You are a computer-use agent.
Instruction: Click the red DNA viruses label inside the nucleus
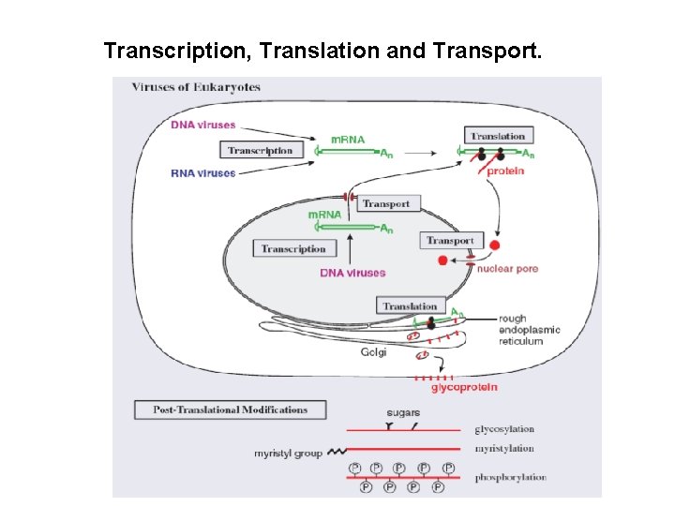pos(352,273)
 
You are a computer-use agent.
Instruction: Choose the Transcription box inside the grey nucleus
pos(293,248)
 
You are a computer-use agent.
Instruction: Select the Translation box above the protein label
pos(498,136)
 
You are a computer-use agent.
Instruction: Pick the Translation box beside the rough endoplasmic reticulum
pos(410,305)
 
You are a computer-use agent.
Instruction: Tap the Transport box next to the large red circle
pos(451,241)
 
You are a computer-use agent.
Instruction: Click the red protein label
pos(505,171)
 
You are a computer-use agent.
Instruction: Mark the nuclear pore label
pos(507,269)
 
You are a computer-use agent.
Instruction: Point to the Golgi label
pos(373,352)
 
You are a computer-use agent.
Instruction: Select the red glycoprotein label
pos(464,387)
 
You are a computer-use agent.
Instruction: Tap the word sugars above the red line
pos(403,412)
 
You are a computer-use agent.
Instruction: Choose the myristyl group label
pos(288,454)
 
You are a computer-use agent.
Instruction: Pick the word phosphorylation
pos(510,477)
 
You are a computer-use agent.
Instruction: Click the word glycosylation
pos(504,429)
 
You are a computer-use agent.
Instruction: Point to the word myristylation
pos(504,449)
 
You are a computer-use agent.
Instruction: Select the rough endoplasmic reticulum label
pos(520,330)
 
